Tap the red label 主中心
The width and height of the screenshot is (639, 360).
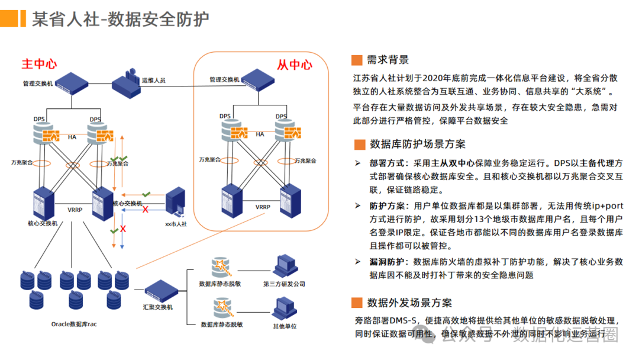39,63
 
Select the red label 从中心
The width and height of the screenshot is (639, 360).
294,65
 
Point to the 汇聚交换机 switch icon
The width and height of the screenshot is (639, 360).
161,291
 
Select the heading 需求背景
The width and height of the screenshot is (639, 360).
388,59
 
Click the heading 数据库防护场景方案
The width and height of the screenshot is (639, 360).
417,144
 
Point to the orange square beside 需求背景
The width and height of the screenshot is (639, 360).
356,60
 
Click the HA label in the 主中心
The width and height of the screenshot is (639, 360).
72,137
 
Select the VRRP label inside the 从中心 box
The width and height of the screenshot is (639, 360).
263,207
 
